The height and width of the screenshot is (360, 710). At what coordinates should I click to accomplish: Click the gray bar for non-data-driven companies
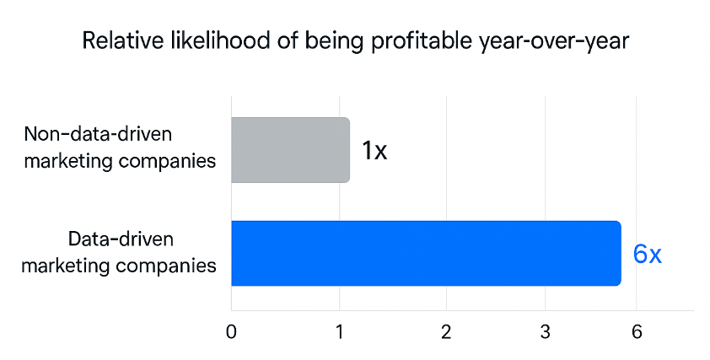tap(290, 150)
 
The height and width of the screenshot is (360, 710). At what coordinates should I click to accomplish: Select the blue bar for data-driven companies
tap(426, 253)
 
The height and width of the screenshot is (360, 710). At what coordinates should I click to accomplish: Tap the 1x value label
tap(374, 151)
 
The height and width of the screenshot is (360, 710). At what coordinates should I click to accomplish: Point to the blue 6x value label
tap(647, 254)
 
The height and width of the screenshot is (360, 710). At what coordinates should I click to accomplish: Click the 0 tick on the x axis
tap(231, 330)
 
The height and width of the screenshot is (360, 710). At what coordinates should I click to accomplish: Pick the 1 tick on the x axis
tap(339, 330)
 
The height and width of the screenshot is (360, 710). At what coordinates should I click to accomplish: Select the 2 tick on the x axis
tap(446, 330)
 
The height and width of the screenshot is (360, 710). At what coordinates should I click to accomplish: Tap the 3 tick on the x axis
tap(546, 330)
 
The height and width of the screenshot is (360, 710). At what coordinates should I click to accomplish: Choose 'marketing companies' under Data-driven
tap(119, 266)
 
